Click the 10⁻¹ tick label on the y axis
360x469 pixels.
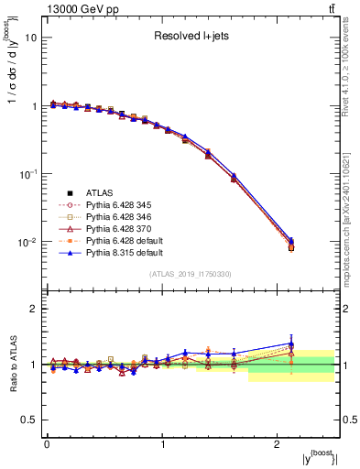(x=29, y=174)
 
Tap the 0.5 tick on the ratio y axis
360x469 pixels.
(x=30, y=420)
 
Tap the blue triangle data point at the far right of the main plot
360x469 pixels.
(x=290, y=240)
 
